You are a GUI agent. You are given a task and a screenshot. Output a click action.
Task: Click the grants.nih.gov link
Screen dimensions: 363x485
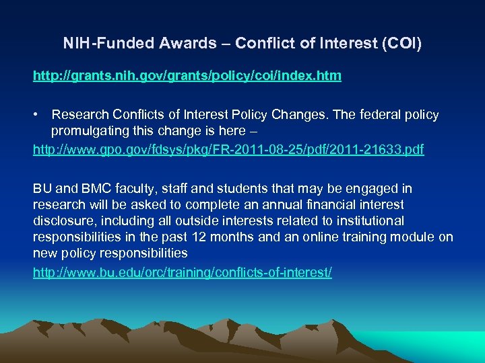pyautogui.click(x=187, y=76)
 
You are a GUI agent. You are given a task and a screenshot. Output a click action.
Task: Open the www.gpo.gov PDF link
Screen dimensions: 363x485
pyautogui.click(x=228, y=150)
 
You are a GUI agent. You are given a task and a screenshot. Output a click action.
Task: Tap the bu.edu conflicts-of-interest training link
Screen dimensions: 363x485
pyautogui.click(x=183, y=274)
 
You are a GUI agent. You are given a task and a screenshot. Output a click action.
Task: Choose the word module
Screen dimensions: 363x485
pyautogui.click(x=414, y=237)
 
